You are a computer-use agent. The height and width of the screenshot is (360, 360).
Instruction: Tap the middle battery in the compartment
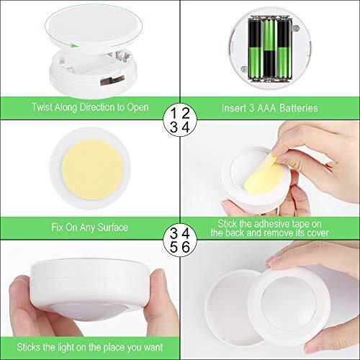tap(268, 50)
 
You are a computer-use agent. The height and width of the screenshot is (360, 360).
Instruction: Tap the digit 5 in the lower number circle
tap(174, 246)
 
